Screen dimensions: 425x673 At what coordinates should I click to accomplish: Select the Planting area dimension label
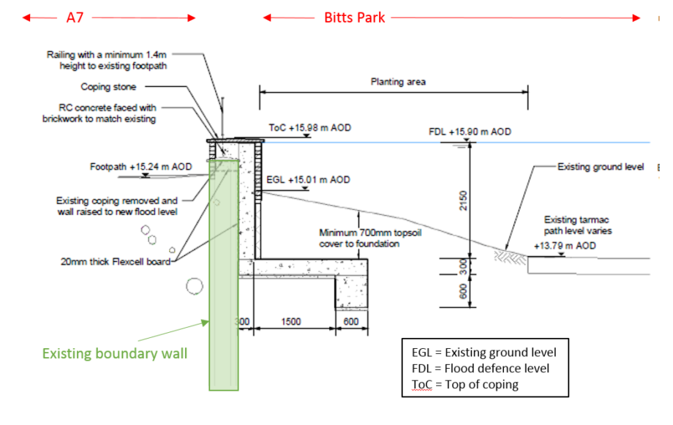pyautogui.click(x=397, y=82)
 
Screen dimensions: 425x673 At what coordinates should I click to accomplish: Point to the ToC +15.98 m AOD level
pyautogui.click(x=309, y=128)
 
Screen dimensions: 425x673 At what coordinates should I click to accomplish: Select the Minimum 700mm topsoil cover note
pyautogui.click(x=359, y=238)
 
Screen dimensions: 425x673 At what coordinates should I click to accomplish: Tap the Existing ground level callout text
pyautogui.click(x=601, y=168)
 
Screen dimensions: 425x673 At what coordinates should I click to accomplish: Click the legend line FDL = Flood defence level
pyautogui.click(x=481, y=368)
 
